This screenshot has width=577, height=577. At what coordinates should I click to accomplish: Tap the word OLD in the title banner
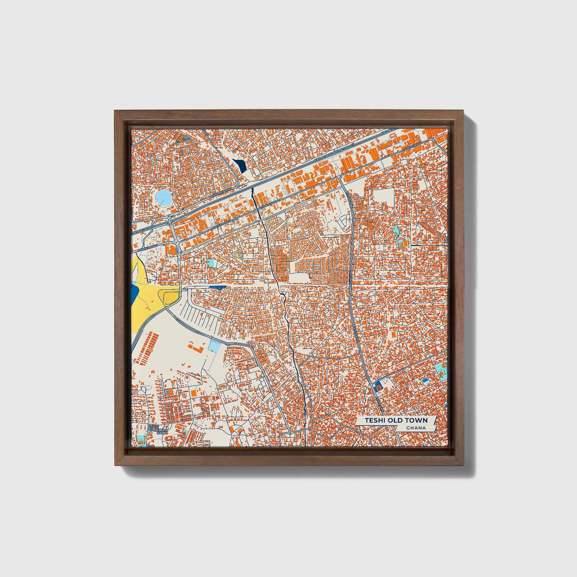pyautogui.click(x=397, y=420)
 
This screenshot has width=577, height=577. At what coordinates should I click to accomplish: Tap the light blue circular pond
pyautogui.click(x=163, y=197)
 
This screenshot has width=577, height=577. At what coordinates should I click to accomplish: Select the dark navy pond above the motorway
pyautogui.click(x=240, y=165)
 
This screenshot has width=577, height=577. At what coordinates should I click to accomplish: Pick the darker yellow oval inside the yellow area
pyautogui.click(x=168, y=296)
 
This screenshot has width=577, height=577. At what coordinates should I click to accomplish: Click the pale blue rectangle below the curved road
pyautogui.click(x=214, y=346)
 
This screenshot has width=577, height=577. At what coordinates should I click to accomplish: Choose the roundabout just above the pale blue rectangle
pyautogui.click(x=211, y=337)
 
